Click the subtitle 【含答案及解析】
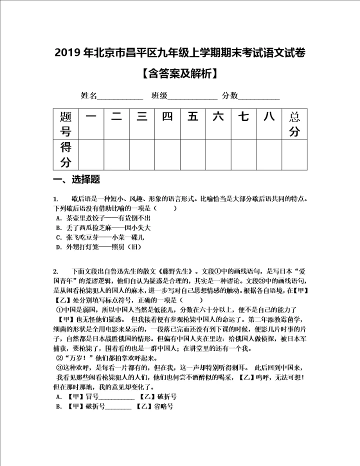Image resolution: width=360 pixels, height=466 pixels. [180, 74]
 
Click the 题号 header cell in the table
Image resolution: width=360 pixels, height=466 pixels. [65, 124]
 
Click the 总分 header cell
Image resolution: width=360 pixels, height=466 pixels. [294, 124]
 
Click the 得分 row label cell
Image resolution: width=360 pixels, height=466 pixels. [65, 155]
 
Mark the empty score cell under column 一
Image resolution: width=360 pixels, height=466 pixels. [91, 155]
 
